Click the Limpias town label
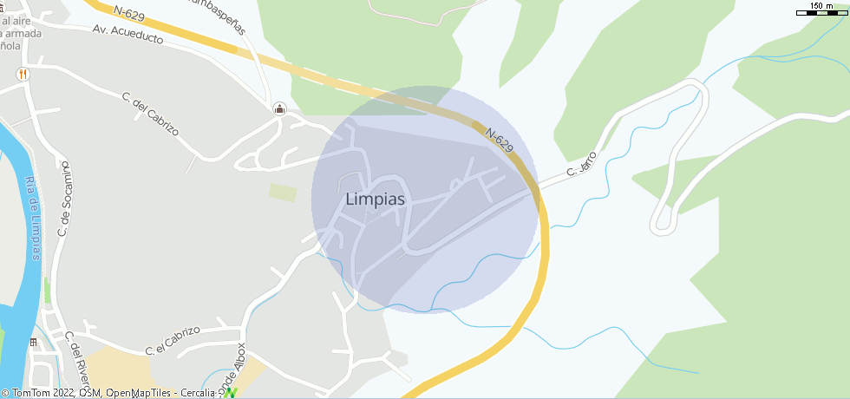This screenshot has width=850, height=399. tap(375, 199)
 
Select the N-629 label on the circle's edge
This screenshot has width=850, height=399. tap(500, 141)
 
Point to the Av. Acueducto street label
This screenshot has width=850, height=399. tap(127, 35)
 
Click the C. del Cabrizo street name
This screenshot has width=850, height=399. tap(151, 114)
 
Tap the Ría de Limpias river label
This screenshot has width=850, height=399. tap(34, 217)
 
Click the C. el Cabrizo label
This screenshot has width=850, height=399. tap(173, 340)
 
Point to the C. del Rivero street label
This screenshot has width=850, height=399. tap(81, 365)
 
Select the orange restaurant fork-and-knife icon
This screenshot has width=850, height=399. tap(23, 75)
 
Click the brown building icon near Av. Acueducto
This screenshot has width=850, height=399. tap(279, 109)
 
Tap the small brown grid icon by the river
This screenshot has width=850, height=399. tap(34, 342)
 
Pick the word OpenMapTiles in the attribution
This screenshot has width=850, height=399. tap(141, 394)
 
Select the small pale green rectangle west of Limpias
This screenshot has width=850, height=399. tap(282, 192)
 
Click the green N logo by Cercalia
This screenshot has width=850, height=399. tap(231, 393)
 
